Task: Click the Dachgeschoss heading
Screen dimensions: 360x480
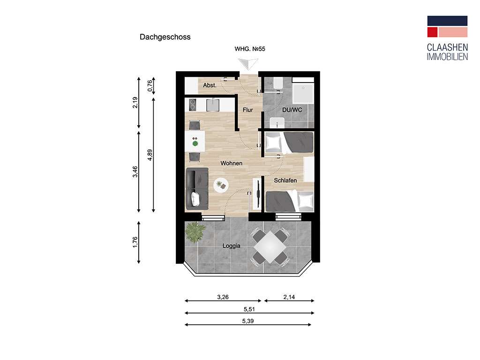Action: coord(165,37)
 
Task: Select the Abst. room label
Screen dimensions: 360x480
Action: coord(210,85)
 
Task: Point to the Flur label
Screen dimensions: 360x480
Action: coord(248,110)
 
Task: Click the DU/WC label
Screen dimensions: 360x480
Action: coord(291,110)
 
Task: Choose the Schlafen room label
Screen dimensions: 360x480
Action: coord(285,180)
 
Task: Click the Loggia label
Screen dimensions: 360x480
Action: coord(232,245)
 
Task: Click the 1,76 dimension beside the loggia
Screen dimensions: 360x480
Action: coord(135,243)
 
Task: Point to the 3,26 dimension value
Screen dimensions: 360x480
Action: coord(223,297)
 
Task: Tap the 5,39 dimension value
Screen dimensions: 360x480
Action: coord(248,321)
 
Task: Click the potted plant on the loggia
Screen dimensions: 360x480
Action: coord(195,231)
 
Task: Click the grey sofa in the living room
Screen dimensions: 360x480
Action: coord(197,189)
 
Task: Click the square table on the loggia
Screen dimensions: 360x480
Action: coord(270,247)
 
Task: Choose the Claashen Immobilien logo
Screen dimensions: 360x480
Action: coord(447,38)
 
